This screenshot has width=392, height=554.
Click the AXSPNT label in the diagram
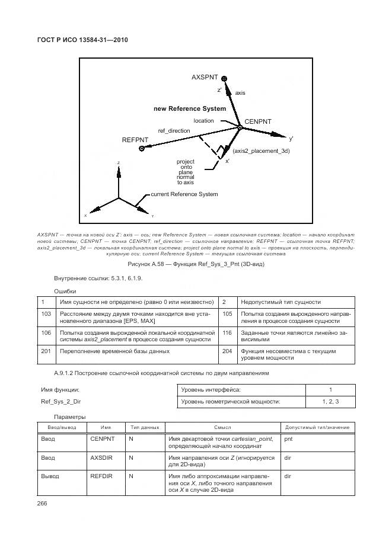[x=205, y=78]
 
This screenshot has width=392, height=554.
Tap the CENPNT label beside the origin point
[x=258, y=121]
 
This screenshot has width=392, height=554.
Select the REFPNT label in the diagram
[x=135, y=140]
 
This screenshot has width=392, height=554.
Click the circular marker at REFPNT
[x=142, y=149]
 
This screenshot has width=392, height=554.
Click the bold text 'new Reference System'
[x=190, y=109]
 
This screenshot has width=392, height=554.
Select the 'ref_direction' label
[x=174, y=130]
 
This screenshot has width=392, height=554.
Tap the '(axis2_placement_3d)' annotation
[x=262, y=152]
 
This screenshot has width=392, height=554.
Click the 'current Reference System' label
[x=184, y=194]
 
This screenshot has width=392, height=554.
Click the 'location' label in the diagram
[x=203, y=121]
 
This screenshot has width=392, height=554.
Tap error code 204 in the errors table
[x=227, y=351]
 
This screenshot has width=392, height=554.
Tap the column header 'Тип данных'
[x=144, y=427]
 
